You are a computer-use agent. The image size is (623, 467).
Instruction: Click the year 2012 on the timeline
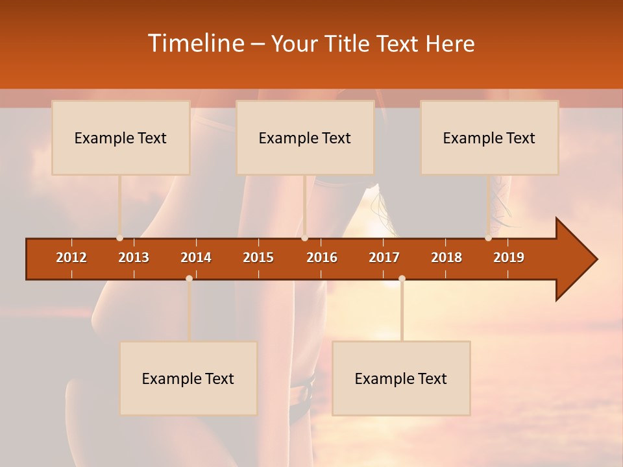click(71, 257)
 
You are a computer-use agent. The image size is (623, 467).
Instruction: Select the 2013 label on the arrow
click(134, 257)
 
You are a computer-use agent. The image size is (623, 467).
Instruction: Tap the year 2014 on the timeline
click(196, 257)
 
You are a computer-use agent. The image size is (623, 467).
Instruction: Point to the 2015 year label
click(258, 257)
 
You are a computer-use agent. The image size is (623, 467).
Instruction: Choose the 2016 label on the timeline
click(322, 257)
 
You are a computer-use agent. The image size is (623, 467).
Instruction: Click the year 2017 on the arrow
click(384, 257)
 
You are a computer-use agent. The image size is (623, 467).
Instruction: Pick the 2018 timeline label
click(446, 257)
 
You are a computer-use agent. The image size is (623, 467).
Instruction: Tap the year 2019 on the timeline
click(509, 257)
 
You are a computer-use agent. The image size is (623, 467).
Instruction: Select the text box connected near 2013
click(121, 138)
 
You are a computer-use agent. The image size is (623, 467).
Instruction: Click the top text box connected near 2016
click(305, 138)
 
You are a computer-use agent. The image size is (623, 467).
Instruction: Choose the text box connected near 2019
click(489, 138)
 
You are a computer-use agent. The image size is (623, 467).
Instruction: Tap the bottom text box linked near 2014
click(188, 378)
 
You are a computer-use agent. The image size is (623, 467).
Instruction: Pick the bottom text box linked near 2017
click(401, 378)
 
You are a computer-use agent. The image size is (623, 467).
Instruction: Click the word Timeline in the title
click(195, 43)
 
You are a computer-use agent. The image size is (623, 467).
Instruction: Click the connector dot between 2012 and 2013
click(119, 238)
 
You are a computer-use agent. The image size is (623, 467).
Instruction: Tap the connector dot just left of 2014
click(189, 278)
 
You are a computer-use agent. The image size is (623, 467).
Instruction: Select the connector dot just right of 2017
click(402, 278)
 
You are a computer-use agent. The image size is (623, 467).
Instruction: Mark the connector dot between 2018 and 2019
click(488, 238)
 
